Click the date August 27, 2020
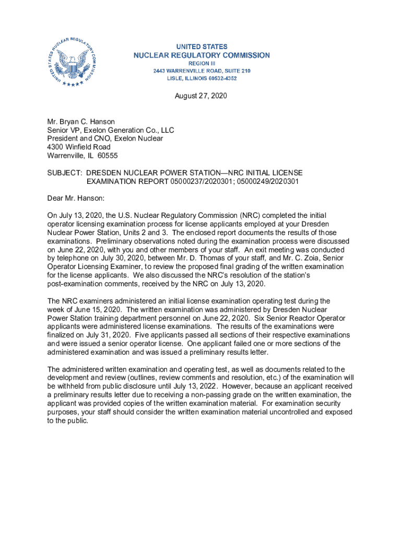(x=201, y=96)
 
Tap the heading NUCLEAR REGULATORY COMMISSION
(x=202, y=55)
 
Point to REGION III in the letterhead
(x=202, y=63)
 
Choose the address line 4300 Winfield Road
(x=79, y=147)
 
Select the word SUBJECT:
(x=65, y=172)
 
